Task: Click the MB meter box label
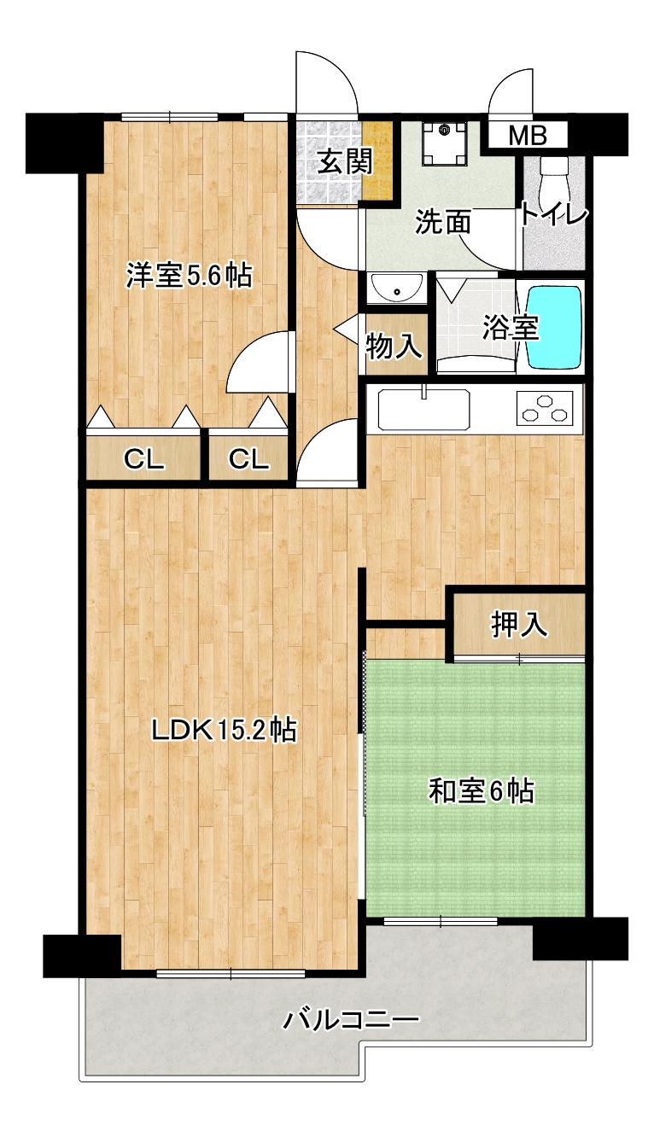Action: (x=528, y=136)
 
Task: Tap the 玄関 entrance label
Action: (x=346, y=161)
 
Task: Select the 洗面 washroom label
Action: (x=443, y=222)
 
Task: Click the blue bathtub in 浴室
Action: (x=554, y=328)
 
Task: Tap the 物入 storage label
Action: (x=394, y=346)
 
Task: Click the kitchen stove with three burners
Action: (x=545, y=407)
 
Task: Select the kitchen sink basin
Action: (x=423, y=410)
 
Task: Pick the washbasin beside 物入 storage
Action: (x=396, y=287)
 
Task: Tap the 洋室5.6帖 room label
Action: (x=189, y=276)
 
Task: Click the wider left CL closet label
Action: (x=144, y=459)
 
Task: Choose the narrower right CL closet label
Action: (x=248, y=459)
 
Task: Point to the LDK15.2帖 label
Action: (x=225, y=730)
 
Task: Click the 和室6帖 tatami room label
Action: (x=482, y=791)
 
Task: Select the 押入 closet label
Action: (x=519, y=625)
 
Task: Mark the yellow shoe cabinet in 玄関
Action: (x=378, y=161)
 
